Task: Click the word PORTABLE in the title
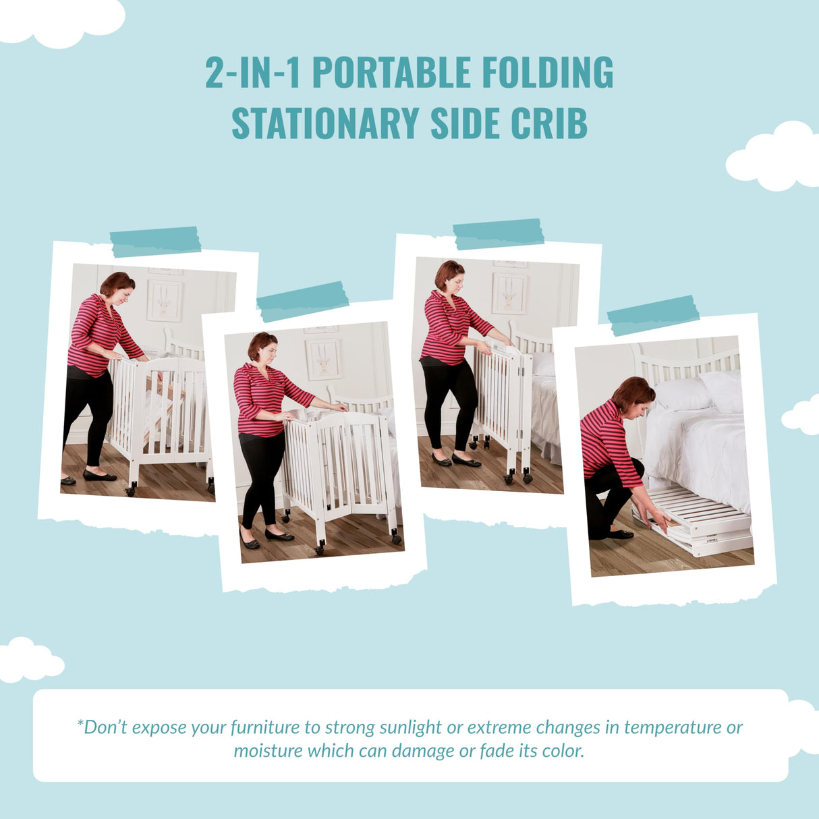click(391, 73)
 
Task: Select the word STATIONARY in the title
click(325, 123)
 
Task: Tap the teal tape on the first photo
click(155, 241)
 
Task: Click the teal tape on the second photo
click(303, 300)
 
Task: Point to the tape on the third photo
click(499, 233)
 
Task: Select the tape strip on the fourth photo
click(653, 314)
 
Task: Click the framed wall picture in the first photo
click(165, 300)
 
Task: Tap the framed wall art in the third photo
click(509, 293)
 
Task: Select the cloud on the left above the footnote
click(27, 659)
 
